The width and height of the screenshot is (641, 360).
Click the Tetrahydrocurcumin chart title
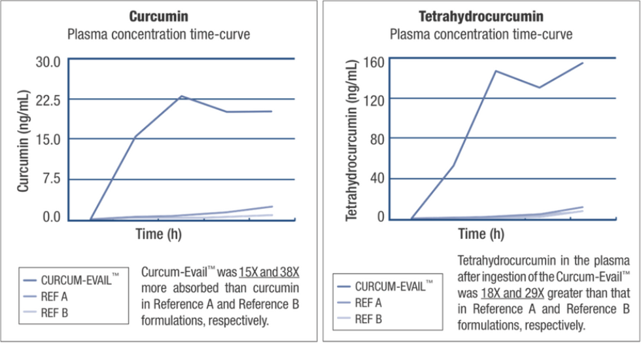pos(481,16)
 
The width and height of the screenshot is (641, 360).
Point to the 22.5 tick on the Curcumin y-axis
pos(47,99)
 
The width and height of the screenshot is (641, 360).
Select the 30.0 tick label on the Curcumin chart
pos(47,62)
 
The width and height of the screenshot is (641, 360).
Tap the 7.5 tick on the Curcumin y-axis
pos(51,179)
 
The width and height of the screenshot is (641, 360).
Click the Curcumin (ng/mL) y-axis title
pos(23,141)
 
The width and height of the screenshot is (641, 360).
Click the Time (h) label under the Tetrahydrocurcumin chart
pos(481,234)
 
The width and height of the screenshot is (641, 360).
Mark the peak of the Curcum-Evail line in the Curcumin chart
pos(181,96)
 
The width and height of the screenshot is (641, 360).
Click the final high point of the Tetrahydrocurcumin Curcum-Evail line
pos(582,63)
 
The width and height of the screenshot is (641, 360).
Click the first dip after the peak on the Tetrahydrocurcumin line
pos(539,87)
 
